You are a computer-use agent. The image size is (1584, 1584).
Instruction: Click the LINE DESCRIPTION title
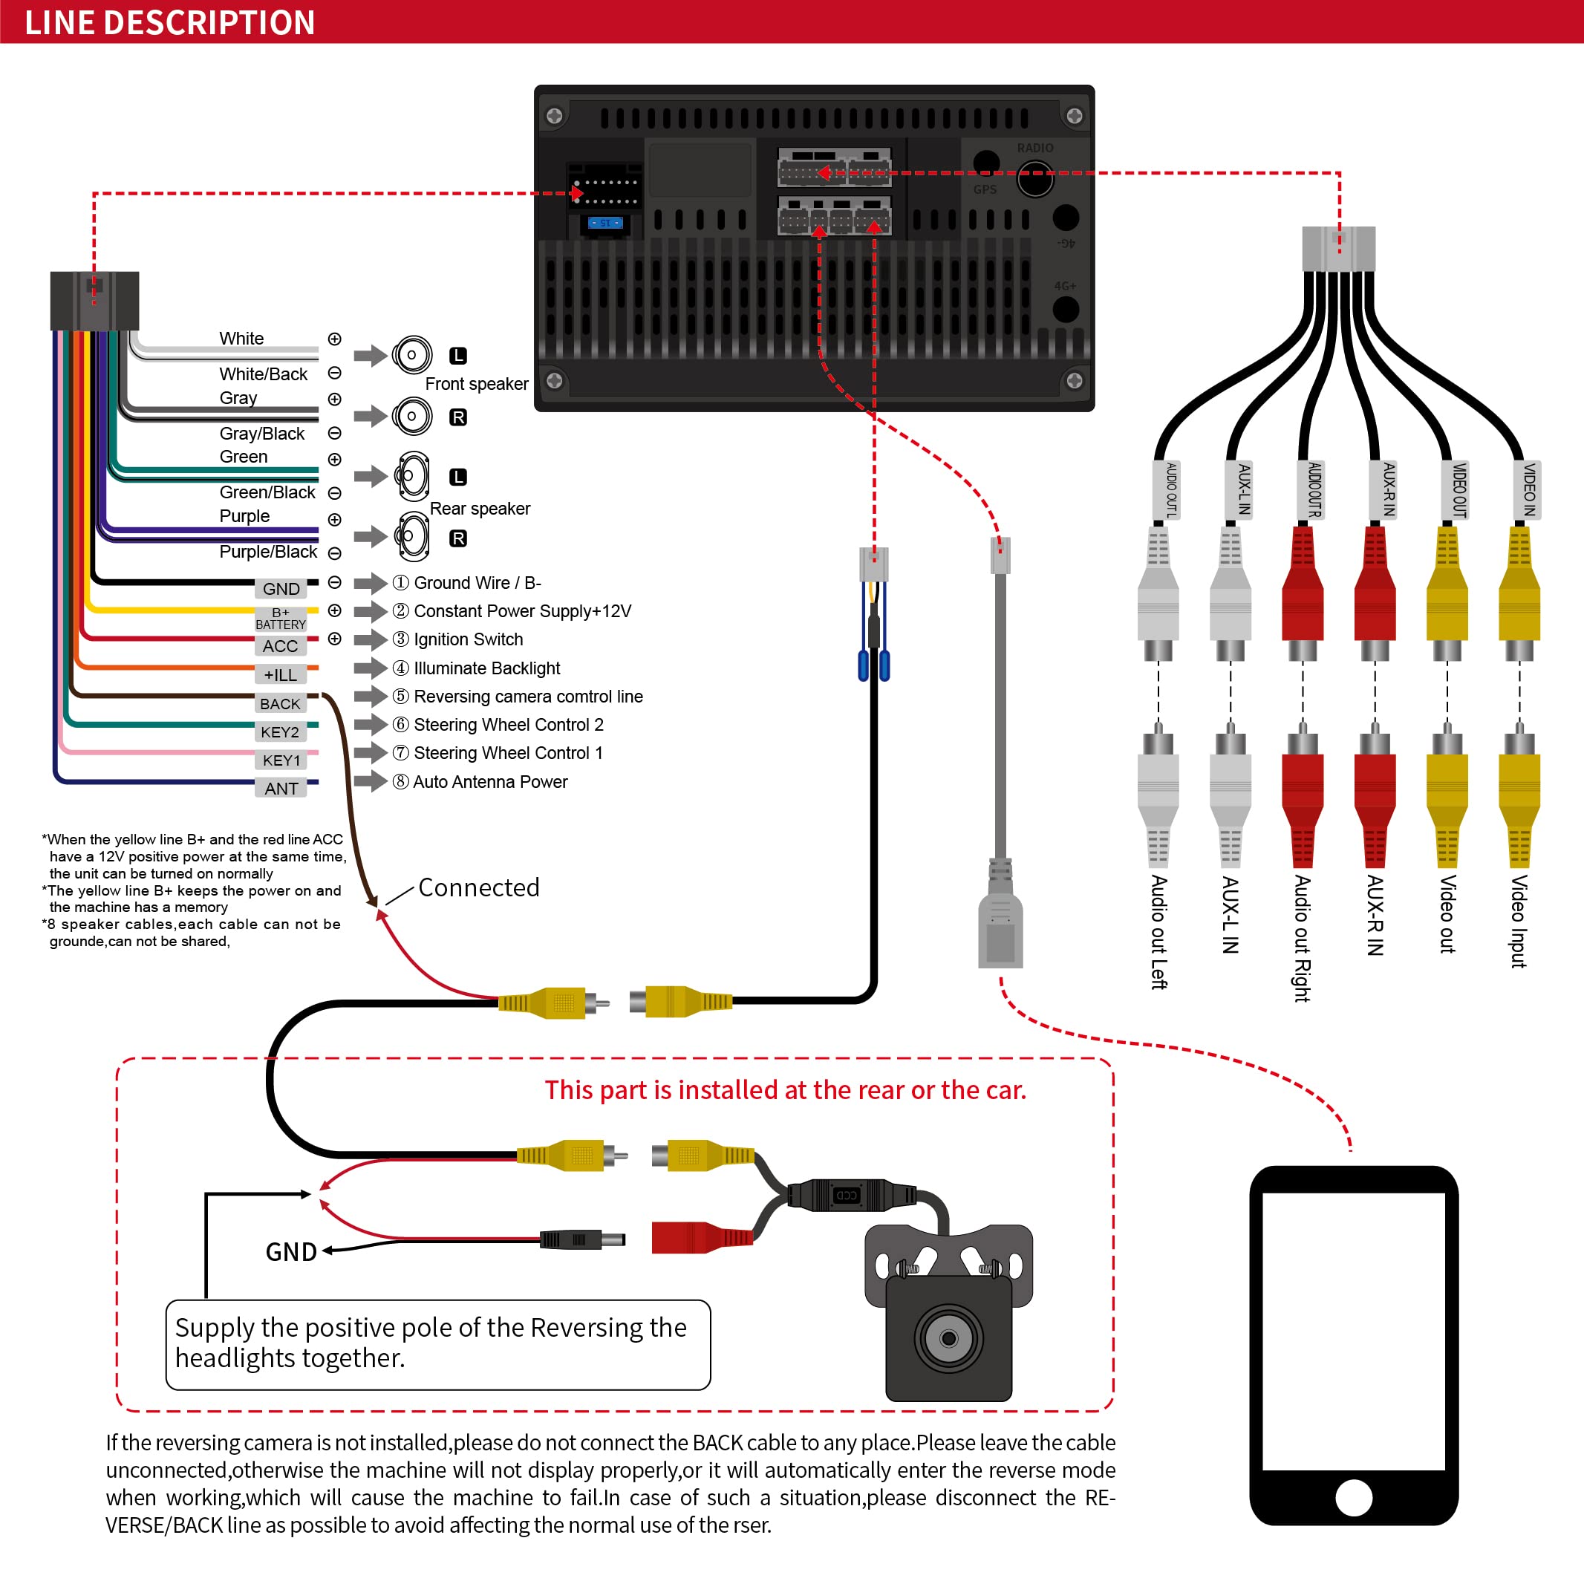[170, 22]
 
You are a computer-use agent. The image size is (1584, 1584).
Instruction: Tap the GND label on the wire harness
[281, 589]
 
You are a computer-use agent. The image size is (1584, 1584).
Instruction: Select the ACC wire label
[281, 646]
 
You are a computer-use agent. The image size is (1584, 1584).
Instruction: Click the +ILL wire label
[281, 675]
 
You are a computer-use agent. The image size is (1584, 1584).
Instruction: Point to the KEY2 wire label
[281, 731]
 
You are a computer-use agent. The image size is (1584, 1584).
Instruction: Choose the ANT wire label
[281, 788]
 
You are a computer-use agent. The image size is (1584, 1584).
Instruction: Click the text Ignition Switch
[468, 639]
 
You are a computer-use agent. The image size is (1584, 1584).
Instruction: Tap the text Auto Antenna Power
[489, 781]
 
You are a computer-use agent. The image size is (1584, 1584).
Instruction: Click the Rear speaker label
[480, 509]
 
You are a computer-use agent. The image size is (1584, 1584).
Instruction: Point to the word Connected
[479, 887]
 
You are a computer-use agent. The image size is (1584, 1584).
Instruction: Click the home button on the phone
[1354, 1498]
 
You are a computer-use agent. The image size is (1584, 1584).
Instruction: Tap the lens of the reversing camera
[948, 1339]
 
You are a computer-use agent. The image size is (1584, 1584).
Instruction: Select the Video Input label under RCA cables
[1519, 921]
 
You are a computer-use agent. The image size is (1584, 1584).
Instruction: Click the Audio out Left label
[1158, 931]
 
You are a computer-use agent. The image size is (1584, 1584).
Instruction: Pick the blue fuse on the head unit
[606, 223]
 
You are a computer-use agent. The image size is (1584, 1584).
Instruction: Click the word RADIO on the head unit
[1034, 149]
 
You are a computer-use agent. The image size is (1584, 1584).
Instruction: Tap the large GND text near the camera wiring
[291, 1252]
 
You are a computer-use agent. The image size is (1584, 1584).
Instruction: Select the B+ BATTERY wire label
[281, 618]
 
